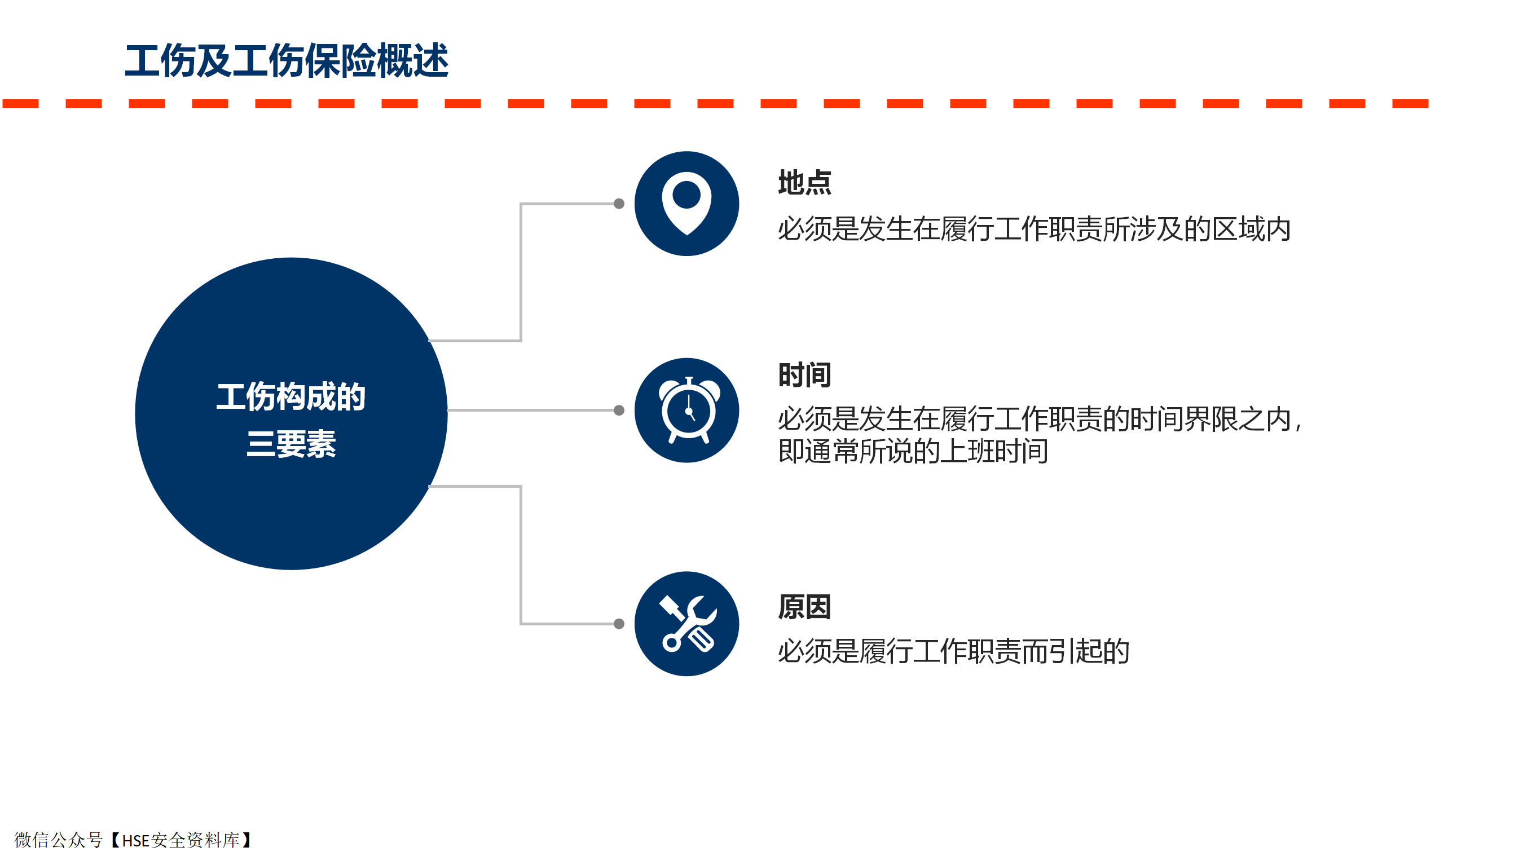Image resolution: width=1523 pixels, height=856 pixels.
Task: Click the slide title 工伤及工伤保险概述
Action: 287,61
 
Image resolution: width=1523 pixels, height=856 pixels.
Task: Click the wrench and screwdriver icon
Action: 688,624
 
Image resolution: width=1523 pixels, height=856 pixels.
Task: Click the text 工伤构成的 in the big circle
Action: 291,396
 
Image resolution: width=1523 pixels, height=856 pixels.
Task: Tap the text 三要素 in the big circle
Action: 291,444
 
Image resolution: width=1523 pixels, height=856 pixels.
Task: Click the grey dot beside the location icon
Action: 619,204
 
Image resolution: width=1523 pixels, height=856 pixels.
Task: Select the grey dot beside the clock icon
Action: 619,411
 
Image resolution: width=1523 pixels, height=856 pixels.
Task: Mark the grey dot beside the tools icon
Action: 619,624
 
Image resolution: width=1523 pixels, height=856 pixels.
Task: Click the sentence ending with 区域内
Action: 1034,230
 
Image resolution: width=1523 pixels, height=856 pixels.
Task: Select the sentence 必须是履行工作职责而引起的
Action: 954,651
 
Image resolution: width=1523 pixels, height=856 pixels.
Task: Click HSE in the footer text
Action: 136,841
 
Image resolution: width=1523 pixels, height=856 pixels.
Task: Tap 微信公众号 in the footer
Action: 59,840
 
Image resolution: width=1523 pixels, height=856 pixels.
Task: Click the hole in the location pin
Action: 686,195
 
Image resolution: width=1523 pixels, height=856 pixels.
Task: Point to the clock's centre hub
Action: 689,411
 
